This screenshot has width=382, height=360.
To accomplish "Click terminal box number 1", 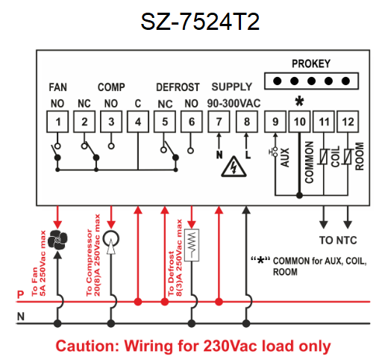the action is (x=57, y=122).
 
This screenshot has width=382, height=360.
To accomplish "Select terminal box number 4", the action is (x=138, y=122).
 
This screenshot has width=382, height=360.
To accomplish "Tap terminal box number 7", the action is (x=219, y=122).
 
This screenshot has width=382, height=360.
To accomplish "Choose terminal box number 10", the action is (x=299, y=122).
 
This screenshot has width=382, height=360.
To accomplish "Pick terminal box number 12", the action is (x=348, y=122).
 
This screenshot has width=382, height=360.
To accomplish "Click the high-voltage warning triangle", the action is (x=234, y=167).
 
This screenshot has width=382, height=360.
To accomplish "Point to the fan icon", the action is (x=57, y=240).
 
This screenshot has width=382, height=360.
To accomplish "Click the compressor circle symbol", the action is (x=111, y=238).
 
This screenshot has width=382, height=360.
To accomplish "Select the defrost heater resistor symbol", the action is (x=192, y=245).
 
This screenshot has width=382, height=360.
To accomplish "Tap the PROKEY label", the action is (x=311, y=63).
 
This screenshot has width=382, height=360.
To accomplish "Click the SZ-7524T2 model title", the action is (x=200, y=22).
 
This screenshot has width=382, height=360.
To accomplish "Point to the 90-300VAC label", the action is (x=234, y=103).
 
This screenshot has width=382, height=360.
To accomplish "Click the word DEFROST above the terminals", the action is (x=178, y=87).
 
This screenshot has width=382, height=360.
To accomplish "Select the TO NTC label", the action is (x=338, y=240).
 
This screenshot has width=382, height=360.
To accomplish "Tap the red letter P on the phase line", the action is (x=20, y=295).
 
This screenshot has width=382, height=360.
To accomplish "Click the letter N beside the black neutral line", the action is (x=21, y=317).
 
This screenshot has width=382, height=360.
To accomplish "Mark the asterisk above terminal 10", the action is (x=299, y=102).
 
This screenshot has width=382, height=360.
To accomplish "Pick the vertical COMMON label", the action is (x=310, y=162).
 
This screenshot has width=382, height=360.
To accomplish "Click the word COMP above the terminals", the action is (x=111, y=87).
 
